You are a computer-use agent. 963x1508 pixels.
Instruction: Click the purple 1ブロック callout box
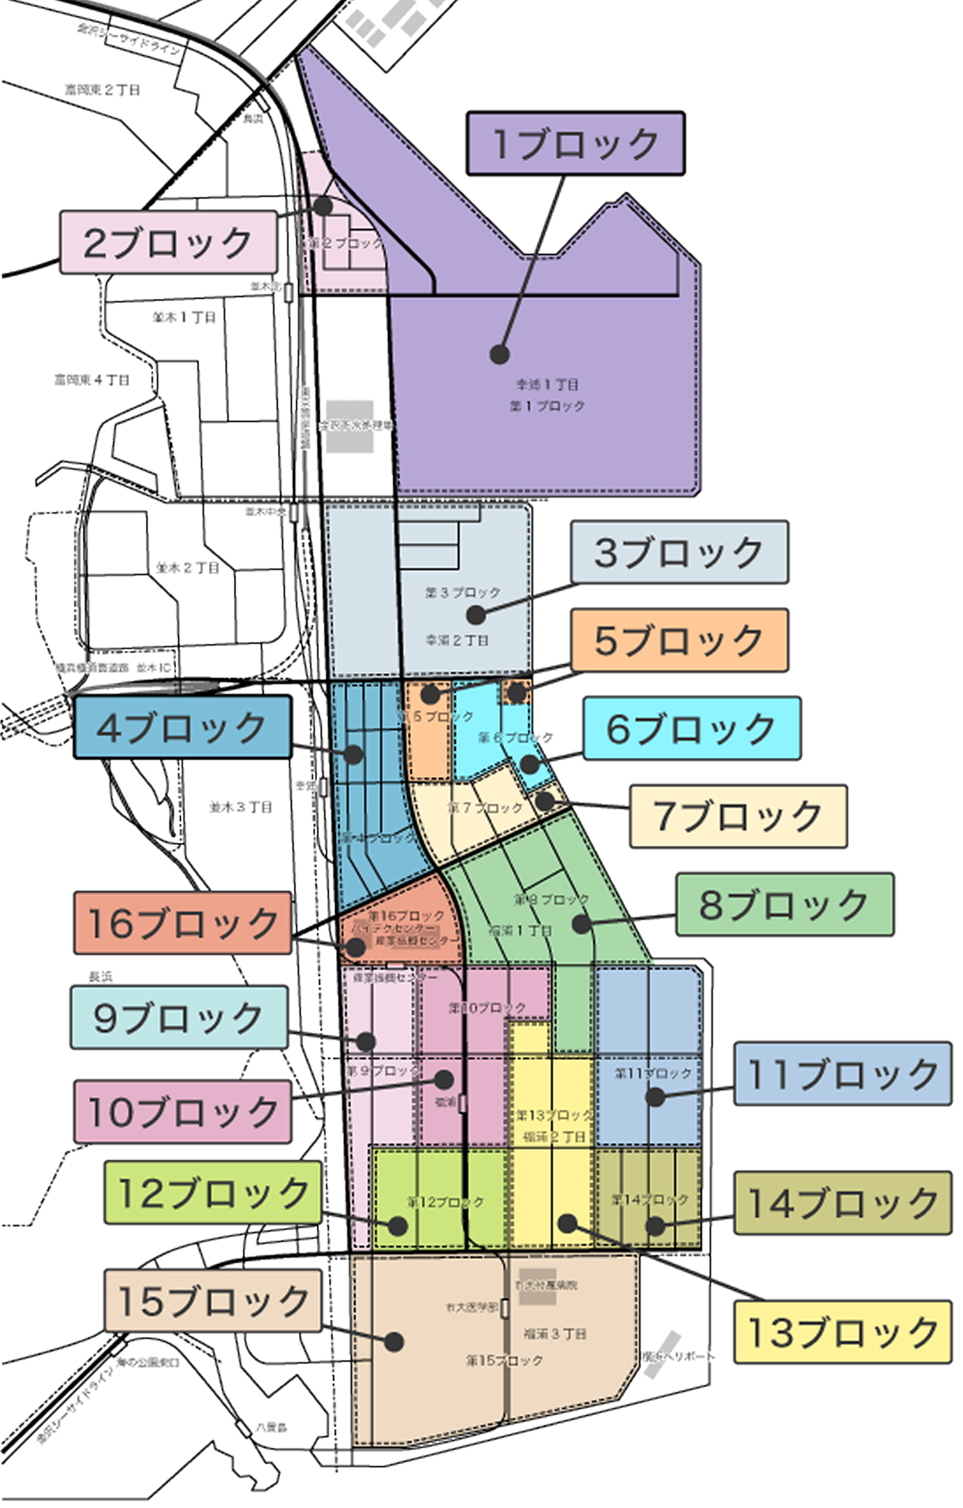575,143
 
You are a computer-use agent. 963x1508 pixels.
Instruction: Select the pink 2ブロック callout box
168,242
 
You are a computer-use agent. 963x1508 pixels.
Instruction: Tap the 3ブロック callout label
679,552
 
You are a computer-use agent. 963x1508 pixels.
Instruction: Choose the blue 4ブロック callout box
183,727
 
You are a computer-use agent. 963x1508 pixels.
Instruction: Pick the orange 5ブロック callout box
679,639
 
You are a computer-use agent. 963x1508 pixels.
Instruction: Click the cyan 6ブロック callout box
691,728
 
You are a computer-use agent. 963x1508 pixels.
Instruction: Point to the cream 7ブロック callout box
738,816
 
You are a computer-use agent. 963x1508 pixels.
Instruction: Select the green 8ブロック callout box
784,904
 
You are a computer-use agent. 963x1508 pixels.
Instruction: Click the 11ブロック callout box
842,1073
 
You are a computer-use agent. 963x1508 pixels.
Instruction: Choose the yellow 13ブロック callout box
842,1331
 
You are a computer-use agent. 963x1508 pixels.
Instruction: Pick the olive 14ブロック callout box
842,1202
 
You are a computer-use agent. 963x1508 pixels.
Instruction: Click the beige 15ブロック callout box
213,1301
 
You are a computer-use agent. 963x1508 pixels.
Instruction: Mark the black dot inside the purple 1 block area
500,355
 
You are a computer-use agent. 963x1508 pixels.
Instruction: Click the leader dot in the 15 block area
394,1342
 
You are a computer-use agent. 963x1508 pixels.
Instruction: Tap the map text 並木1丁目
184,317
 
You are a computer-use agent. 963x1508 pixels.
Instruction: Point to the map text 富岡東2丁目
103,91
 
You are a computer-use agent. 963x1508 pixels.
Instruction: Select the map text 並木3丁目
241,807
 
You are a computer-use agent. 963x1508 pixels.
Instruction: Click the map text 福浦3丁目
555,1333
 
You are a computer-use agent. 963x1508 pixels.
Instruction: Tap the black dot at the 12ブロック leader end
398,1225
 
